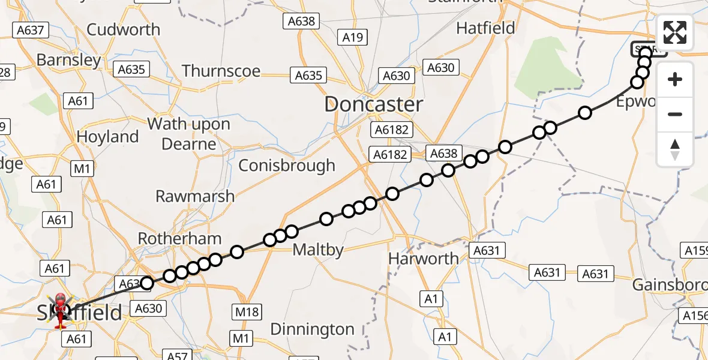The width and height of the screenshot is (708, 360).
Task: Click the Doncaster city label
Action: click(x=373, y=104)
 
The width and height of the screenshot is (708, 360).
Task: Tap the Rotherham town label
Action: click(x=179, y=238)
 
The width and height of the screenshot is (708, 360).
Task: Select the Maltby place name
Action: click(x=318, y=250)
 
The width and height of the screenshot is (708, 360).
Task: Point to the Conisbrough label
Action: click(x=287, y=166)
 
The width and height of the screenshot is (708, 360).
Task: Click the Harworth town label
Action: click(x=424, y=259)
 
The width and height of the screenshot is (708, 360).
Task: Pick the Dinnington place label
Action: click(x=312, y=329)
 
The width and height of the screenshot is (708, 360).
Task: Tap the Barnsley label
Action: click(x=69, y=60)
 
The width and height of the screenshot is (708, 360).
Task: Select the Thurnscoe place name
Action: click(x=221, y=71)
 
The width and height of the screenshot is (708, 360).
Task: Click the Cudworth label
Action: click(x=124, y=29)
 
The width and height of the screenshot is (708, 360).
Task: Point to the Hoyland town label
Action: click(x=107, y=136)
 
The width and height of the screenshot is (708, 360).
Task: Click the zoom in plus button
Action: click(x=675, y=79)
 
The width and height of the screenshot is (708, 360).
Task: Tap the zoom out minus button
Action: click(x=675, y=114)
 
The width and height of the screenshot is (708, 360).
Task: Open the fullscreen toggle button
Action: click(x=675, y=32)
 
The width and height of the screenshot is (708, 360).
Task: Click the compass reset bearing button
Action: click(x=675, y=149)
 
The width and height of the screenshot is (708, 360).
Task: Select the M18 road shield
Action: click(x=246, y=311)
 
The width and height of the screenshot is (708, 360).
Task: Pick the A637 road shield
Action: click(x=31, y=29)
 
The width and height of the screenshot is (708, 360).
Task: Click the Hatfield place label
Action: click(x=485, y=28)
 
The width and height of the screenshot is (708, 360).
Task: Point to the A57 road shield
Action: click(x=178, y=356)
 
